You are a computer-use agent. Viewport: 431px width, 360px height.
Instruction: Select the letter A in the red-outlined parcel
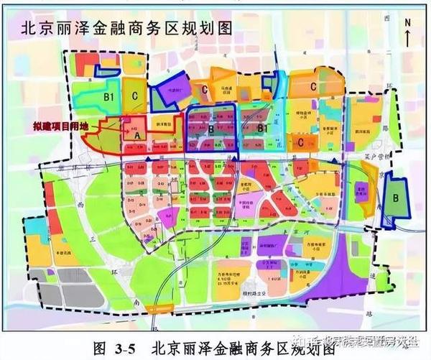tap(136, 133)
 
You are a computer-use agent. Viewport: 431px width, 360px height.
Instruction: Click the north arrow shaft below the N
tap(407, 40)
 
